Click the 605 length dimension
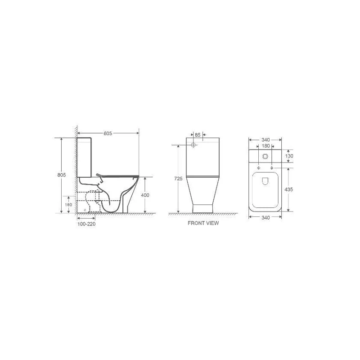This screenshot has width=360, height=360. [107, 133]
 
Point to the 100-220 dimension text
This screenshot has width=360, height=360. [86, 224]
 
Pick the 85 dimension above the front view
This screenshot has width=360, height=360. [198, 134]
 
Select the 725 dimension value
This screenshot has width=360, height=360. [178, 179]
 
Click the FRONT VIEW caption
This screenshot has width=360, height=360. [203, 224]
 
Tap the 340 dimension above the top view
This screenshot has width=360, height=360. [265, 139]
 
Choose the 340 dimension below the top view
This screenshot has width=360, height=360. [265, 218]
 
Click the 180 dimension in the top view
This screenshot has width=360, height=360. [265, 145]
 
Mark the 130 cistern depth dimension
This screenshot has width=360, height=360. [289, 156]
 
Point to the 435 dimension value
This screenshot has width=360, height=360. [289, 189]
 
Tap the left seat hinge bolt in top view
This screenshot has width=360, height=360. [259, 167]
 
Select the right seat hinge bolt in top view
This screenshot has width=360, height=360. [271, 167]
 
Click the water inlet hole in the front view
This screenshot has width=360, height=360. [193, 145]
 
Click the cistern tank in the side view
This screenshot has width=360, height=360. [85, 155]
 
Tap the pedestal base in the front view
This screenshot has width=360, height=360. [203, 207]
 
